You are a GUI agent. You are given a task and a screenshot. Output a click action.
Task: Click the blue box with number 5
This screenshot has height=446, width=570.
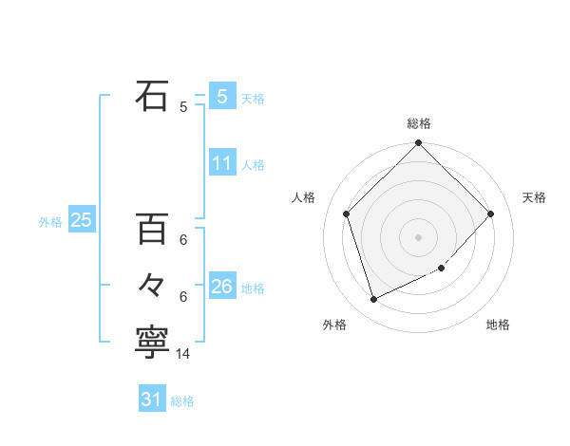[x=221, y=96]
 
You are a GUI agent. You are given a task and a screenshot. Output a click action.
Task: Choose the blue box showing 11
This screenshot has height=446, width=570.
[x=221, y=163]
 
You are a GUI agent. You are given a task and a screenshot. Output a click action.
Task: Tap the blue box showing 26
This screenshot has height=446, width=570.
[x=221, y=287]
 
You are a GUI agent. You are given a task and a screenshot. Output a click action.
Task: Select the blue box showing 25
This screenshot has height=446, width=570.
[x=81, y=220]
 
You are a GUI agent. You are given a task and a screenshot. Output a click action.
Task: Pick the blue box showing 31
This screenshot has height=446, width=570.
[x=151, y=400]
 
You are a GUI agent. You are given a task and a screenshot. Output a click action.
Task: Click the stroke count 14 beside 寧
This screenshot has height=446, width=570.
[x=184, y=353]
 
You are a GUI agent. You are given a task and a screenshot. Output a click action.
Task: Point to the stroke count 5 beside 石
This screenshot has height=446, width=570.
[x=183, y=107]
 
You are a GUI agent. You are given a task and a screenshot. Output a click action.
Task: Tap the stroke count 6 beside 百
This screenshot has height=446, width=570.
[x=183, y=240]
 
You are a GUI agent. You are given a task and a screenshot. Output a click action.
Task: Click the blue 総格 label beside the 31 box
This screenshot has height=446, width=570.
[x=182, y=401]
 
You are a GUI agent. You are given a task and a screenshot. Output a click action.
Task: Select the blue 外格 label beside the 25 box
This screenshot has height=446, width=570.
[x=50, y=222]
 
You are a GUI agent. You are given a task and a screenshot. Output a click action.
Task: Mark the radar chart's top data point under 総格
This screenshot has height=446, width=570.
[x=418, y=144]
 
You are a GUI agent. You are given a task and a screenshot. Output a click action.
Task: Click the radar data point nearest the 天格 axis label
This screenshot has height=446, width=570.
[x=490, y=214]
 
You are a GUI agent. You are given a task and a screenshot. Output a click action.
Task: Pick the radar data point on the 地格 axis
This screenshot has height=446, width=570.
[x=441, y=269]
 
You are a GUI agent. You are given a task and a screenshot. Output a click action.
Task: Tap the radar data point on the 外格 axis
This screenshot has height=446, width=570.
[x=374, y=299]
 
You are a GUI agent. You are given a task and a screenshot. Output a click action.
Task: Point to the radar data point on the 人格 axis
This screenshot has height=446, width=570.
[x=347, y=214]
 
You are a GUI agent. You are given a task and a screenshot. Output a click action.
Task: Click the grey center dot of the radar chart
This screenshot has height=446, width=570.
[x=418, y=236]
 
